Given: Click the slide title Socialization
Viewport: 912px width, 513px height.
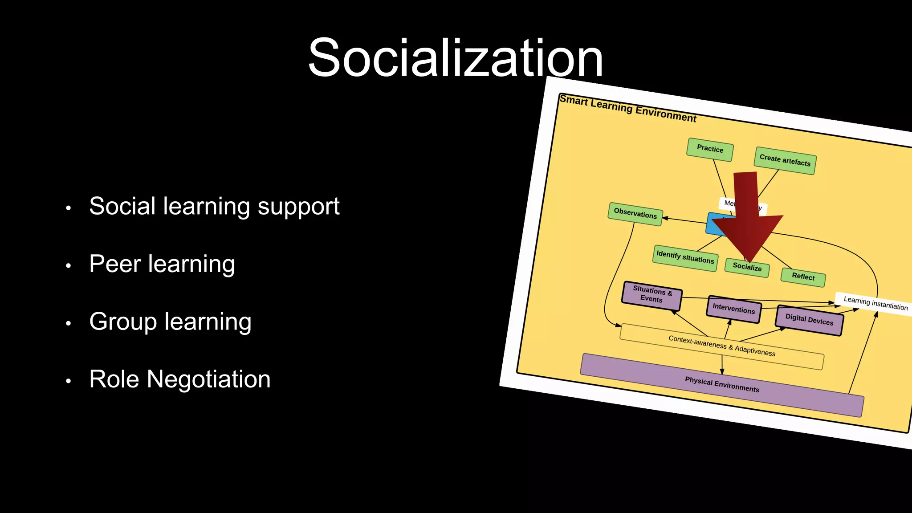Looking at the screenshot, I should pyautogui.click(x=455, y=58).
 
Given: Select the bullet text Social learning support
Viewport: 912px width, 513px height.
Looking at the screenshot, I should pyautogui.click(x=214, y=206).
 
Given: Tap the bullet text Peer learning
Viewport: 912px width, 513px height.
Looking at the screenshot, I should pyautogui.click(x=162, y=264).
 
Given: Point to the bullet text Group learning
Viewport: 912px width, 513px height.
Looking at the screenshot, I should pyautogui.click(x=170, y=322).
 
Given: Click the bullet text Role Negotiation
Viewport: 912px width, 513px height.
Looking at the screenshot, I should pyautogui.click(x=179, y=379).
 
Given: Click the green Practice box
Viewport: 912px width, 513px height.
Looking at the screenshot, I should pyautogui.click(x=710, y=149).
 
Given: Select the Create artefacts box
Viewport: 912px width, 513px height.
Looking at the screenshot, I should pyautogui.click(x=785, y=160).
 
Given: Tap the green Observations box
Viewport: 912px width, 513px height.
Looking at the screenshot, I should pyautogui.click(x=635, y=214).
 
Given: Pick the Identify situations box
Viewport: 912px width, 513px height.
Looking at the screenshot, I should pyautogui.click(x=685, y=257).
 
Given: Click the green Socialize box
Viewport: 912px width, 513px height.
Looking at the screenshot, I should pyautogui.click(x=747, y=267).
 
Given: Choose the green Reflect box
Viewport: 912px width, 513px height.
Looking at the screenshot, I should pyautogui.click(x=803, y=277).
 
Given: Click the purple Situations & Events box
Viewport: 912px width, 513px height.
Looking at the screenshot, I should pyautogui.click(x=651, y=295).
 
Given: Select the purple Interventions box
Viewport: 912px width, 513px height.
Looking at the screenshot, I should pyautogui.click(x=733, y=309).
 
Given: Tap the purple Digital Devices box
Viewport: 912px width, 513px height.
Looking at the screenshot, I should pyautogui.click(x=809, y=320).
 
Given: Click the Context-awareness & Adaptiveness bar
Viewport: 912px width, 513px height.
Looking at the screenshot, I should pyautogui.click(x=721, y=346).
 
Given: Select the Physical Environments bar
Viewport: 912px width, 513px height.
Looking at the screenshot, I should pyautogui.click(x=722, y=384).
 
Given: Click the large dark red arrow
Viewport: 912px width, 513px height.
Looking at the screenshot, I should pyautogui.click(x=748, y=218).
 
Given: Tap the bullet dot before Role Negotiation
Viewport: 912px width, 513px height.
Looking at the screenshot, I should pyautogui.click(x=68, y=381).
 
